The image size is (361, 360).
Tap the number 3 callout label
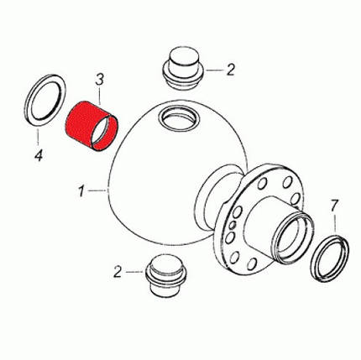(x=99, y=80)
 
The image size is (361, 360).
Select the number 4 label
(x=39, y=154)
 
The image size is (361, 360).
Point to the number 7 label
(x=334, y=206)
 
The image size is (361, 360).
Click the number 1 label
(x=81, y=191)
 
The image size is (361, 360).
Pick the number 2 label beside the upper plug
(x=230, y=70)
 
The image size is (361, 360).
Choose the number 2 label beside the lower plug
(x=118, y=272)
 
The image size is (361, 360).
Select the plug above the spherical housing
(x=183, y=68)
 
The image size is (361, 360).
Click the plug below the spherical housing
(x=166, y=275)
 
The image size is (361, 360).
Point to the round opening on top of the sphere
(x=179, y=117)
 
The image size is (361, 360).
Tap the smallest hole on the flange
(x=232, y=225)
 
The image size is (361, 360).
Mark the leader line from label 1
(x=97, y=190)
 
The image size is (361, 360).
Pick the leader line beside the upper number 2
(x=214, y=70)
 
